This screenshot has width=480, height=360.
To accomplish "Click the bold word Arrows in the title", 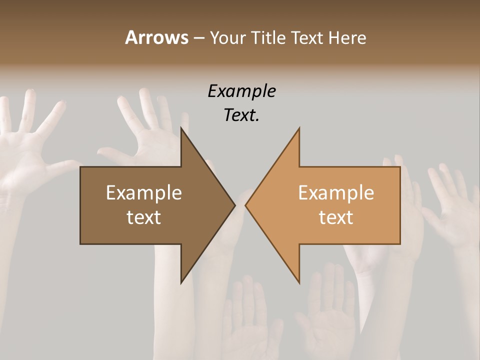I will [x=156, y=37].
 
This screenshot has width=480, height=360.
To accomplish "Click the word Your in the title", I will [x=227, y=38].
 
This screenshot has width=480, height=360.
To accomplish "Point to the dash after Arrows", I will [x=198, y=38].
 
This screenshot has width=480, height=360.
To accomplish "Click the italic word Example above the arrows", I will [x=241, y=91].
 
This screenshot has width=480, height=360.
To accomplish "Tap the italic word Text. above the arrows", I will [x=241, y=115].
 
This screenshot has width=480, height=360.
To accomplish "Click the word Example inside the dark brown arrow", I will [x=144, y=192].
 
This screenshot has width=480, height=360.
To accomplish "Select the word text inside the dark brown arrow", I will [x=144, y=217].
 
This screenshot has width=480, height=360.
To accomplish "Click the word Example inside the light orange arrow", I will [x=336, y=192].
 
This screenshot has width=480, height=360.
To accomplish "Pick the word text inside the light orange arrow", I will [x=336, y=217].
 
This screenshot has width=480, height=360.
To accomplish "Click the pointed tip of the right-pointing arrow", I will [x=235, y=205].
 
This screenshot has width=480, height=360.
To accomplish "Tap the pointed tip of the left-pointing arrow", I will [x=245, y=205].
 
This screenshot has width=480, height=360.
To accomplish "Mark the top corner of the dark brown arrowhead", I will [x=181, y=127].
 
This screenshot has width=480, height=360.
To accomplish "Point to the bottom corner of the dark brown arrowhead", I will [x=181, y=283].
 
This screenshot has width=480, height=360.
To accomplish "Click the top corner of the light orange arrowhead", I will [x=299, y=127].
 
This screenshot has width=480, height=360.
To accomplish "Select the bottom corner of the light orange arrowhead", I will [x=299, y=283].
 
